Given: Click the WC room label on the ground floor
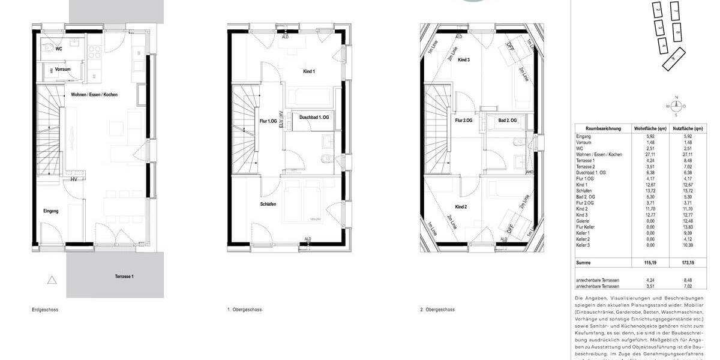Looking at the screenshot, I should pyautogui.click(x=59, y=48).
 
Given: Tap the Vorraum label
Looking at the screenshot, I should pyautogui.click(x=62, y=70).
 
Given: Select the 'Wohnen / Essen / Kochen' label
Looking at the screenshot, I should pyautogui.click(x=95, y=95).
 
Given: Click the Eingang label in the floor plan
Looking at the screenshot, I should pyautogui.click(x=50, y=211).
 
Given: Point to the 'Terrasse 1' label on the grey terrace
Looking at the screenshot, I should pyautogui.click(x=124, y=277).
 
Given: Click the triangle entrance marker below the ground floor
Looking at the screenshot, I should pyautogui.click(x=52, y=280).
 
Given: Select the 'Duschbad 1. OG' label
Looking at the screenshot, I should pyautogui.click(x=314, y=118).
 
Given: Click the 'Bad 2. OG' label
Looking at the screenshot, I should pyautogui.click(x=507, y=121).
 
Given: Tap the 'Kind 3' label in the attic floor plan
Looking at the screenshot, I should pyautogui.click(x=463, y=60).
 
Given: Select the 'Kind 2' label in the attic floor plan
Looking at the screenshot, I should pyautogui.click(x=461, y=207).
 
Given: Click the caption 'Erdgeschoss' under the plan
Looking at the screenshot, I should pyautogui.click(x=45, y=310).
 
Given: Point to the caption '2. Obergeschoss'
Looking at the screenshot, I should pyautogui.click(x=437, y=310).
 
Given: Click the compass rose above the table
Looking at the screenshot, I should pyautogui.click(x=676, y=106).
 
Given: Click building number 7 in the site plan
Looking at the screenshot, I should pyautogui.click(x=675, y=11).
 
